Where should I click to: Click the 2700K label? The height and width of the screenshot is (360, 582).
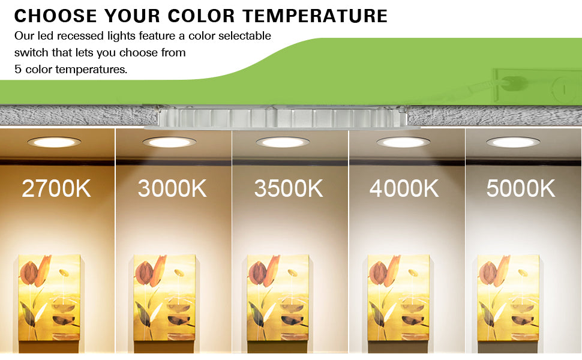pos(56,188)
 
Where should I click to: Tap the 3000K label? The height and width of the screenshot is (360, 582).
pos(172,188)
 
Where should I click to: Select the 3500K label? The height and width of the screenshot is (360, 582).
pos(289,188)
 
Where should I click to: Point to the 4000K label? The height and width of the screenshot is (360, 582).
pos(404,188)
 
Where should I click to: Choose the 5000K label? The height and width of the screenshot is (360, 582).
pos(521,188)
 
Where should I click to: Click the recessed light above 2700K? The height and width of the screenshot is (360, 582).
pos(54,142)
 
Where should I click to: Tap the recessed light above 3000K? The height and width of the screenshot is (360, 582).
pos(169,142)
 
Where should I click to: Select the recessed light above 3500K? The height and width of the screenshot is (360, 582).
pos(283,142)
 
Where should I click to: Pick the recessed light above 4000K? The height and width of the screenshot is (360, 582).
pos(403,142)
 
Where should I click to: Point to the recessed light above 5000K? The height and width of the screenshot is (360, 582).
pos(514,142)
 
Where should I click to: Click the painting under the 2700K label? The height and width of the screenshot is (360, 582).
pos(49,298)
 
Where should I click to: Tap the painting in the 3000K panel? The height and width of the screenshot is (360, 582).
pos(164,298)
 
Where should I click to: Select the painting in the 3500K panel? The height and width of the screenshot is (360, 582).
pos(278,298)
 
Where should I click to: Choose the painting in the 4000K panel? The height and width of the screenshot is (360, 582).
pos(398,298)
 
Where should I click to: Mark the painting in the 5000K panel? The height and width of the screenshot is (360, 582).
pos(508,298)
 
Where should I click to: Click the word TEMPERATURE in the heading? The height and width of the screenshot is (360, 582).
pos(315,16)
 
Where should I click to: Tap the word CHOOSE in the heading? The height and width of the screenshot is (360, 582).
pos(56,16)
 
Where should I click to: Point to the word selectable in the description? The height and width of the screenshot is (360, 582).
pos(245,35)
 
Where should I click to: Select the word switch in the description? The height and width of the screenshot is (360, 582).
pos(32,52)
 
